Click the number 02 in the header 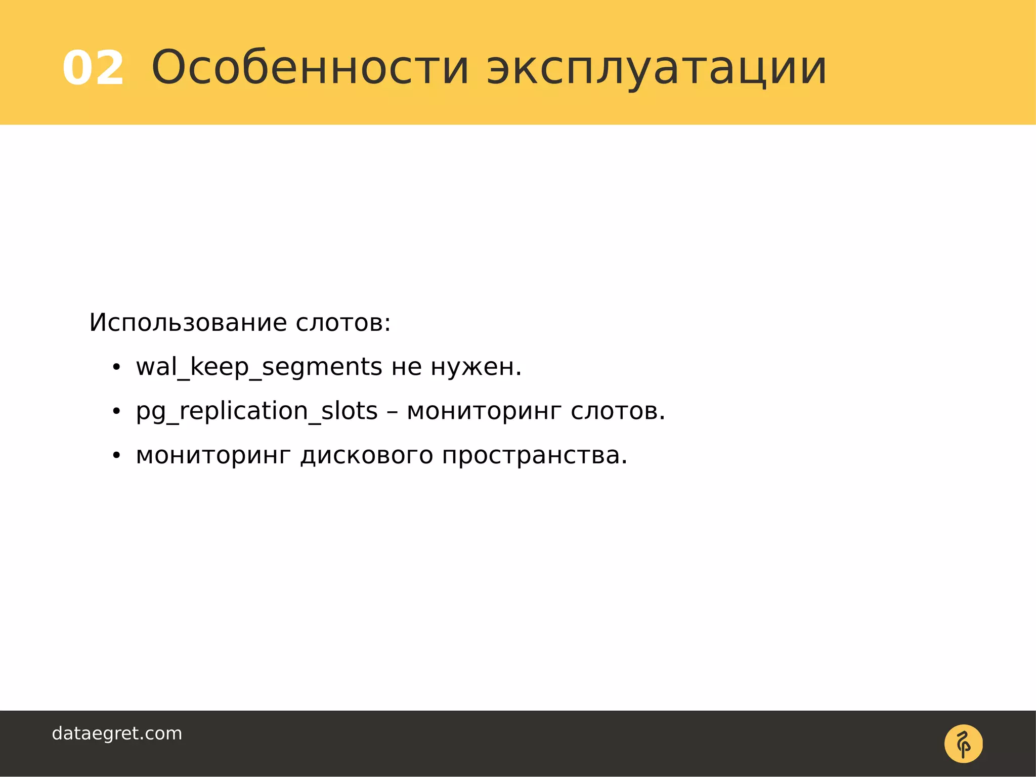point(93,68)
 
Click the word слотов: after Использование point(343,323)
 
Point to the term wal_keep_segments point(258,367)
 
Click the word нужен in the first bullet point(476,367)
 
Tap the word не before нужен point(407,367)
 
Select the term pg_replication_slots point(256,411)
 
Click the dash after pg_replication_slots point(392,412)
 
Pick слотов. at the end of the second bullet point(618,411)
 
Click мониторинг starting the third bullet point(213,455)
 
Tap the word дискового point(366,455)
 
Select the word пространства point(534,455)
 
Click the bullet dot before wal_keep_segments point(116,368)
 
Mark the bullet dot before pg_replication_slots point(116,412)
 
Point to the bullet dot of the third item point(116,456)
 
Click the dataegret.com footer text point(117,733)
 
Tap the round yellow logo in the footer point(963,744)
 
